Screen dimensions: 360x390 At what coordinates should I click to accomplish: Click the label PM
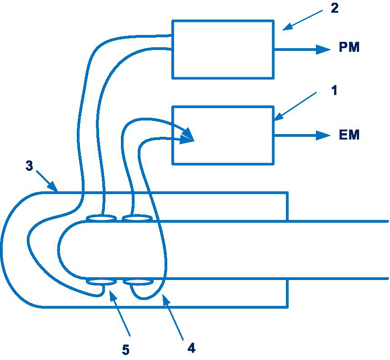coord(349,48)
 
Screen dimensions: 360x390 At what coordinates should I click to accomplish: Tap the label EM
coord(349,135)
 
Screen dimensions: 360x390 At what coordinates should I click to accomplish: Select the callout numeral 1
coord(334,90)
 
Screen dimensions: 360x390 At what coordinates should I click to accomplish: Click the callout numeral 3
coord(29,166)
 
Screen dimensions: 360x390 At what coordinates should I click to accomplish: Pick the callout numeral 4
coord(191,348)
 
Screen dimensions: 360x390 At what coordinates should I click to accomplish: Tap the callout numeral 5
coord(126,350)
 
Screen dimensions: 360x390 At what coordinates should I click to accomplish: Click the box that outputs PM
coord(223,49)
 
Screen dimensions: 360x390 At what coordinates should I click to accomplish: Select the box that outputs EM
coord(223,135)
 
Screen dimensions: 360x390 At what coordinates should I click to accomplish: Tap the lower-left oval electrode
coord(101,282)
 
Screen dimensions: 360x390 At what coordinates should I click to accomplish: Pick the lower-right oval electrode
coord(138,282)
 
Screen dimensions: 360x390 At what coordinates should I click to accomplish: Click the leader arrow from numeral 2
coord(302,21)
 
